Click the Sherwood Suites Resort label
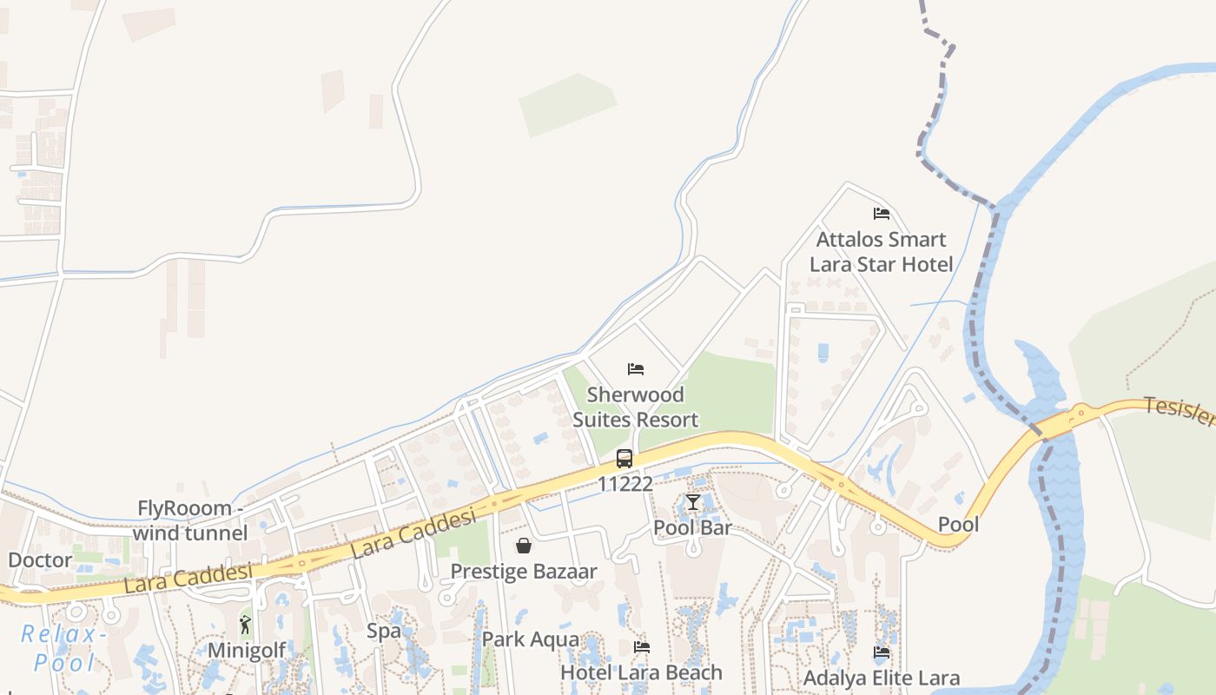coord(635,407)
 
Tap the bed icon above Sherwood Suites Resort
coord(636,369)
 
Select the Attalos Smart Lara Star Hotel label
coord(881,252)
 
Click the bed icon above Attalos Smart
coord(882,214)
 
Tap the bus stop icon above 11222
coord(625,459)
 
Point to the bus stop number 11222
coord(625,484)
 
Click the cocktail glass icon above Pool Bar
coord(692,502)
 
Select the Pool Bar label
coord(692,527)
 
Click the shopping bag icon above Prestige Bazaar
coord(524,546)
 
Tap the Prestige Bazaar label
coord(524,571)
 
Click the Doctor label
coord(40,559)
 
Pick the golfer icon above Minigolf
coord(246,625)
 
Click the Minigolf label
coord(247,650)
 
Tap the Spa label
coord(383,631)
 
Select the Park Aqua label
coord(531,639)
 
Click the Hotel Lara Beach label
coord(641,672)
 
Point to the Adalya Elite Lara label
coord(882,678)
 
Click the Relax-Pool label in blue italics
coord(60,648)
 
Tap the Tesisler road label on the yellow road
coord(1178,410)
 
